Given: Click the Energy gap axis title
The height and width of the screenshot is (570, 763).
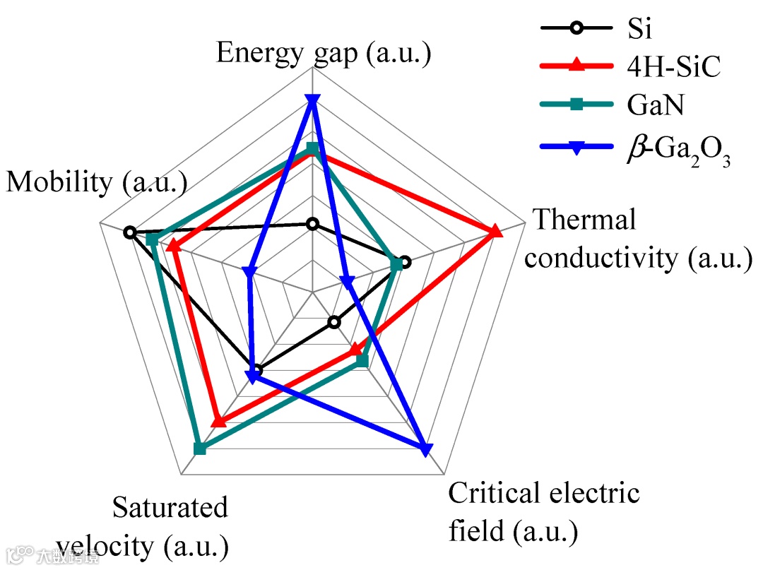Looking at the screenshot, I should [323, 54].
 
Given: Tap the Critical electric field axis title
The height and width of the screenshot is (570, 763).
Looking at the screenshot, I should [544, 511].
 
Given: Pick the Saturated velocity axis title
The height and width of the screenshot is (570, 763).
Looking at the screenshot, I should [143, 526].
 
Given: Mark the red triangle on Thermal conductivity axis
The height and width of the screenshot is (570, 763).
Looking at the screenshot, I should [496, 231].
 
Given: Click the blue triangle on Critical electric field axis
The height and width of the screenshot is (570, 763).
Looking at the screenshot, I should [425, 449].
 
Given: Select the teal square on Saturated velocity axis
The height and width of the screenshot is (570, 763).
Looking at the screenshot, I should [200, 449].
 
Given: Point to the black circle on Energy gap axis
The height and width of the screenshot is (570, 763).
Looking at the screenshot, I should [312, 225].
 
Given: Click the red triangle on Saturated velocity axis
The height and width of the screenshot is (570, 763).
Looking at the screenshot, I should [219, 421].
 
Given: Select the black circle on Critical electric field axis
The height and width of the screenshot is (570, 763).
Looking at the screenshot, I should [335, 323].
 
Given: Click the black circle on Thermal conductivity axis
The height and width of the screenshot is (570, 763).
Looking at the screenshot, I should [405, 262].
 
